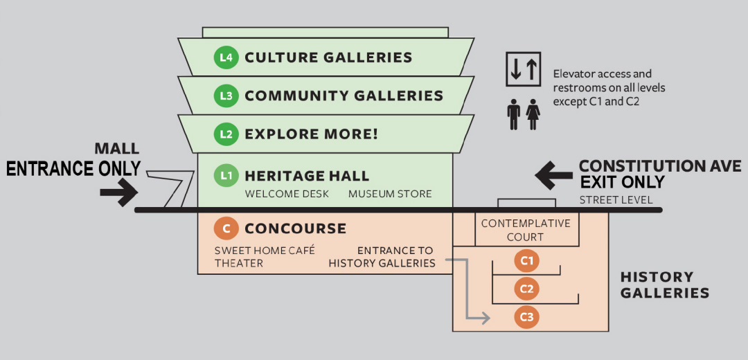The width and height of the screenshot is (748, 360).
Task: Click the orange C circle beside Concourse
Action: coord(226,228)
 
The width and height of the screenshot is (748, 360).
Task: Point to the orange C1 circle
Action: coord(526,261)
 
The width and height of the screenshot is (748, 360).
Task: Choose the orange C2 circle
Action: coord(526,289)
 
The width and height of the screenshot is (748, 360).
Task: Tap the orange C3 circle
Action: coord(526,317)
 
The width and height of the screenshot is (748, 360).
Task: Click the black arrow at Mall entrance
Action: coord(118,193)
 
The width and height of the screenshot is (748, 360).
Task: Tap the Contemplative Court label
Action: coord(526,230)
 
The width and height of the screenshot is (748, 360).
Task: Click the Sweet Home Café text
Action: coord(261,250)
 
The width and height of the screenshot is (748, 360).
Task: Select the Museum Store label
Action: coord(390,194)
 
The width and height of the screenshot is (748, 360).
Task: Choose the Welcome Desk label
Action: coord(287,194)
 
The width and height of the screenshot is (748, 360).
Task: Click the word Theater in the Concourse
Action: coord(239,263)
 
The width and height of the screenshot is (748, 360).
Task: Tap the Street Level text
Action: coord(616,200)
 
